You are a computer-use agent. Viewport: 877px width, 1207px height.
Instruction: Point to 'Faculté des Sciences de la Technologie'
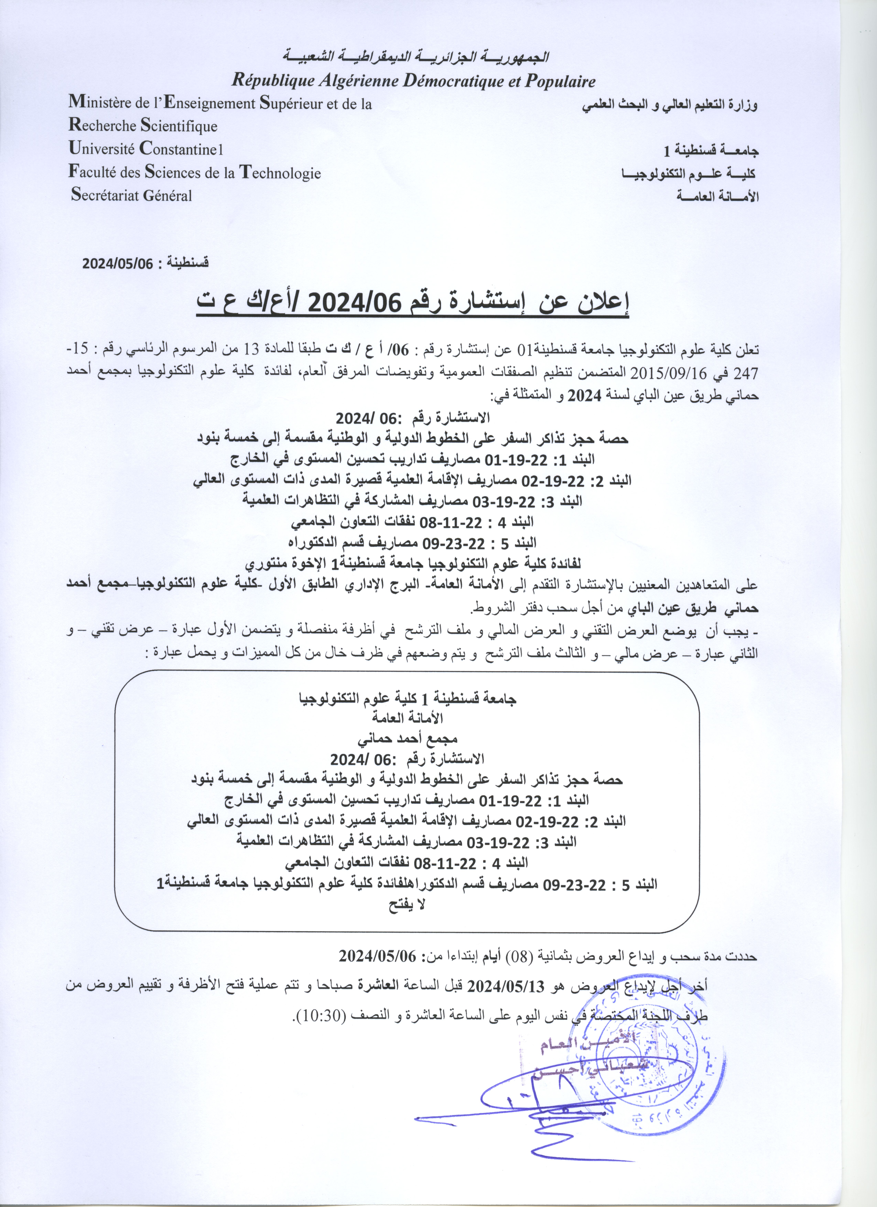click(195, 172)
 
